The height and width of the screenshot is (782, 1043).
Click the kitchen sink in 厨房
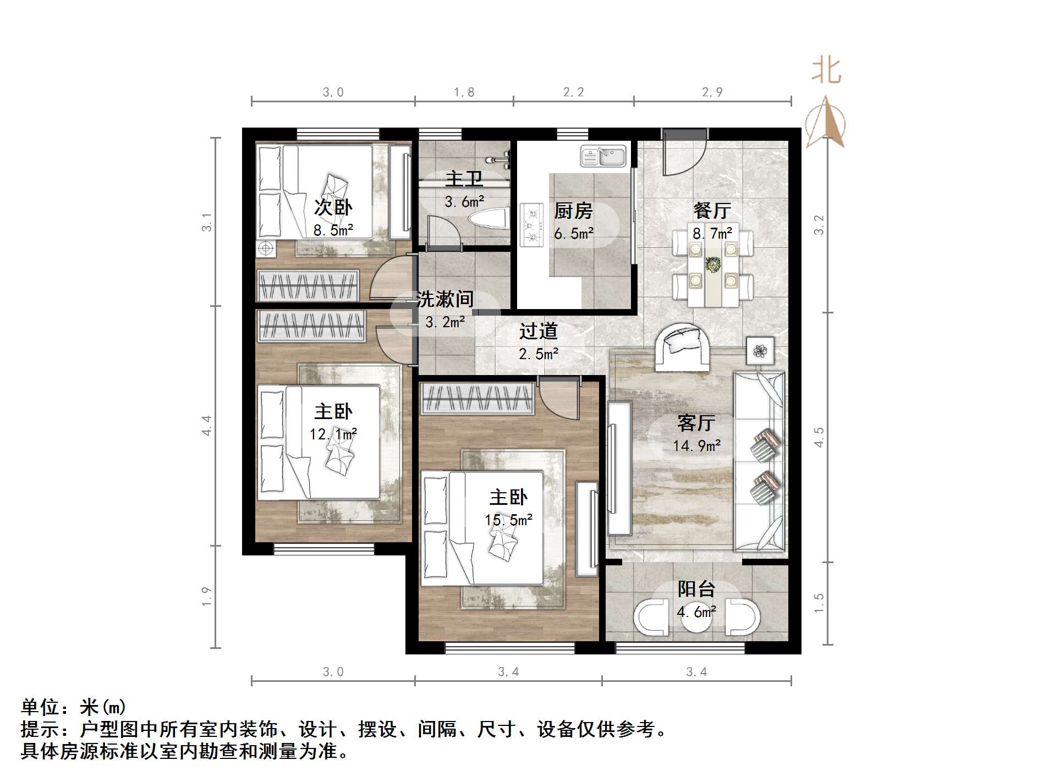tap(603, 156)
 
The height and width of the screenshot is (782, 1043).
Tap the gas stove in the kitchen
tap(532, 224)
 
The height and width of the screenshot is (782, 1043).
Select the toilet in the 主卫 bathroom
tap(489, 218)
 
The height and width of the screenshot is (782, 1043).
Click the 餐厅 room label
tap(712, 211)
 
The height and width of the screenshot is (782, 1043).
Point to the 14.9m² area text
tap(696, 445)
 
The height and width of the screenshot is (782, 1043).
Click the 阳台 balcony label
tap(696, 589)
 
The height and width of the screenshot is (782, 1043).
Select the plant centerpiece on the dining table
tap(713, 265)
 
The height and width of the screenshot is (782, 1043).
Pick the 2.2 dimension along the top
tap(573, 92)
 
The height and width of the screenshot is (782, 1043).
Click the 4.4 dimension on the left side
tap(207, 426)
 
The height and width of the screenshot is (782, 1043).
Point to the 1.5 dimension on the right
tap(819, 603)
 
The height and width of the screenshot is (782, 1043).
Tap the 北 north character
tap(826, 71)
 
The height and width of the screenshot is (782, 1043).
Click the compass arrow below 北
tap(826, 124)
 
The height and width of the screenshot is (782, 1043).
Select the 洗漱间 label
tap(444, 299)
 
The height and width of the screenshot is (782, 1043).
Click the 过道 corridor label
tap(538, 331)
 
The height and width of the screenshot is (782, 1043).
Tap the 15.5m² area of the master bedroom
tap(508, 520)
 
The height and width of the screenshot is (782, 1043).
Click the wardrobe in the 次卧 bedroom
tap(309, 285)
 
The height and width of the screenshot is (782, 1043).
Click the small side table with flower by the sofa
tap(760, 350)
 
